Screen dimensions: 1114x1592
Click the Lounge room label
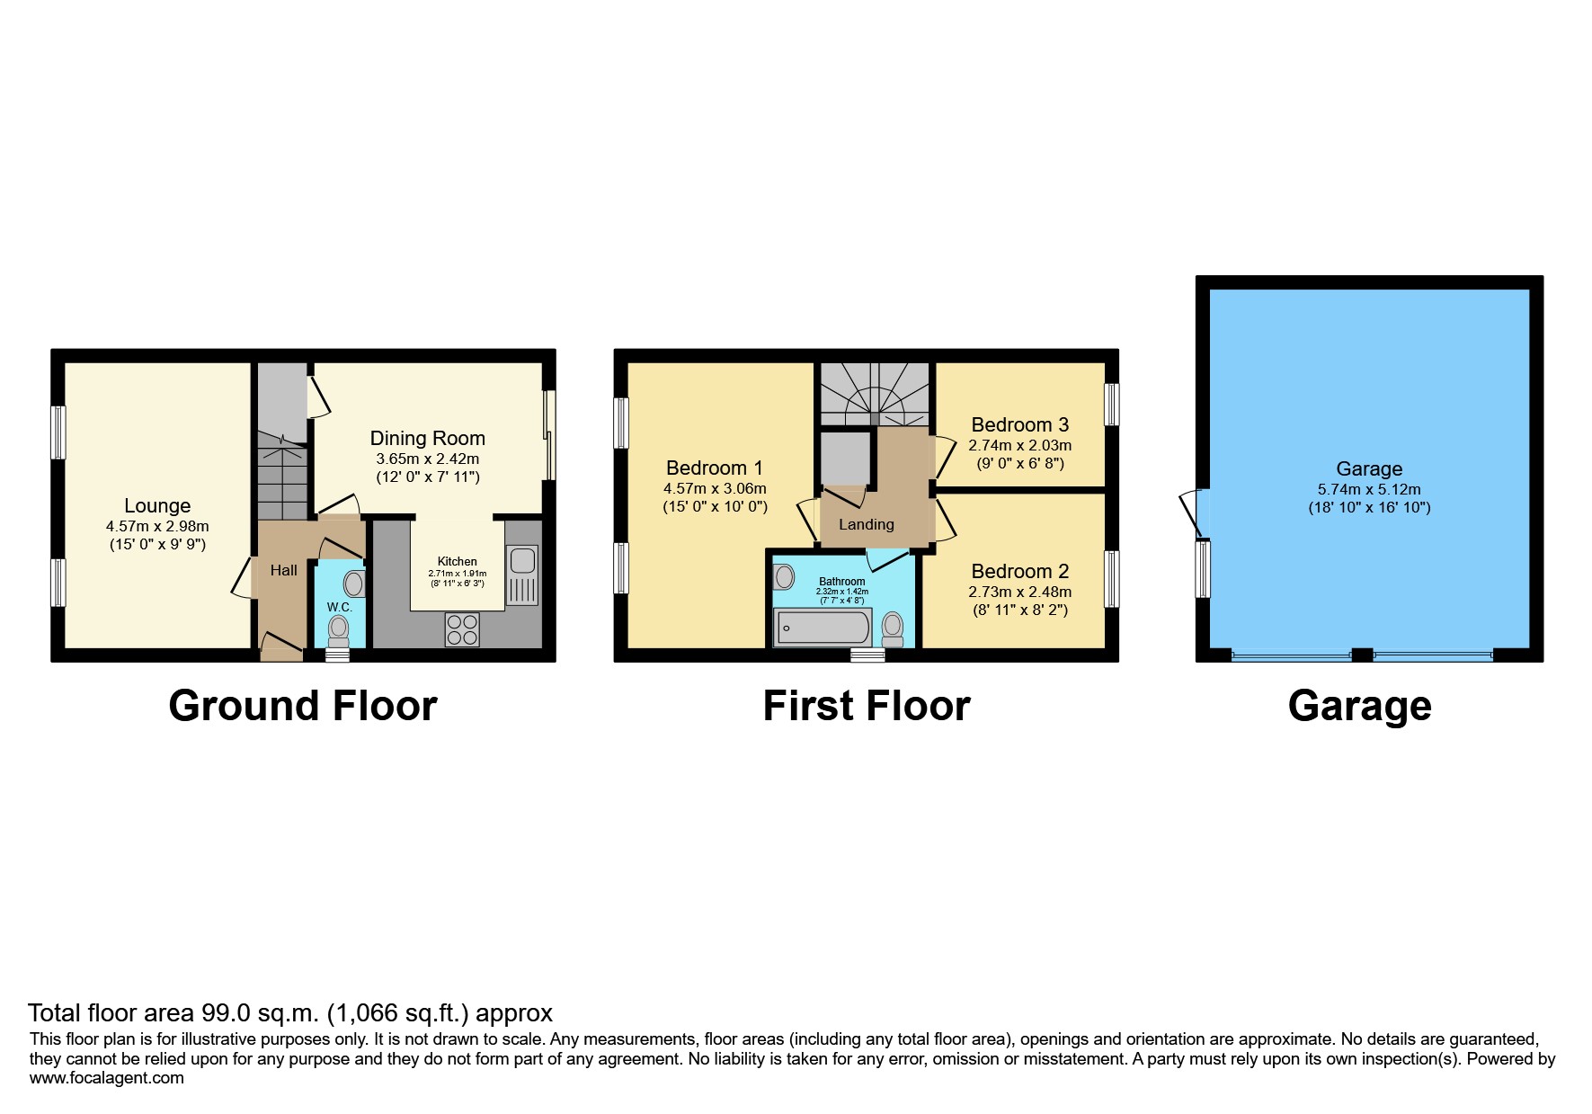click(157, 505)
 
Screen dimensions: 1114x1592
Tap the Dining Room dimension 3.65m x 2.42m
click(427, 459)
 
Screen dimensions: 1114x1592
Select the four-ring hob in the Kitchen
click(462, 628)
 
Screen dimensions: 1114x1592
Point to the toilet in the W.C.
click(339, 630)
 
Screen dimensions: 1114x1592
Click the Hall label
click(283, 570)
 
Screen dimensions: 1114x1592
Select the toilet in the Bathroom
click(893, 628)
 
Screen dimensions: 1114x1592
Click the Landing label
click(866, 524)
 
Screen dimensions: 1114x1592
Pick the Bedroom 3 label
click(1019, 424)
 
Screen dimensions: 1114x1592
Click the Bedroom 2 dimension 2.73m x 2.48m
click(1019, 592)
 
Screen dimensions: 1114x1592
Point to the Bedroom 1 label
click(714, 468)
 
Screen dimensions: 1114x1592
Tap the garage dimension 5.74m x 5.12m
click(1368, 490)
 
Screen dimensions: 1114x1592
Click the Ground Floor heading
click(302, 706)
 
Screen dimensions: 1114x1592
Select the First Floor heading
click(866, 706)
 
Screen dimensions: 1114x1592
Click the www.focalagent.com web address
click(106, 1078)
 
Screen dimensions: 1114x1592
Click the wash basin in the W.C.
click(354, 584)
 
